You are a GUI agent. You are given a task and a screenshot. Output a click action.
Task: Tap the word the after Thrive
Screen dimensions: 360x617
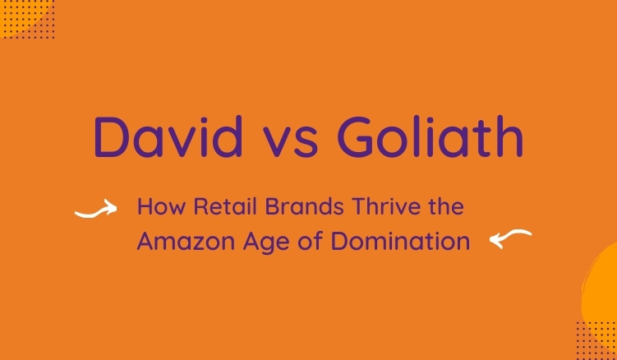click(444, 206)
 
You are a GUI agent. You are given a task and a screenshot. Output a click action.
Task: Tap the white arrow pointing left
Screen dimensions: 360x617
click(510, 239)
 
